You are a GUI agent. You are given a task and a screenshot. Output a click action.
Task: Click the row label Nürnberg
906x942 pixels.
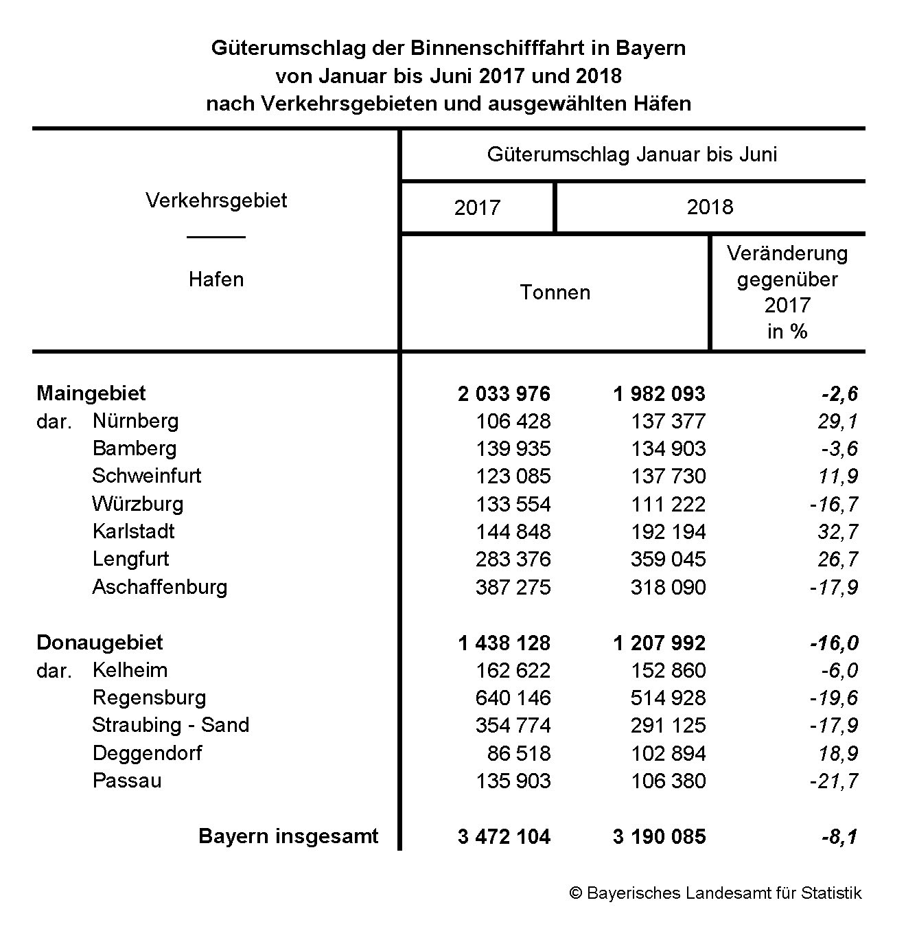[x=135, y=421]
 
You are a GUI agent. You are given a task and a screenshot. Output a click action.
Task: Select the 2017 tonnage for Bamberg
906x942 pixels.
[x=513, y=448]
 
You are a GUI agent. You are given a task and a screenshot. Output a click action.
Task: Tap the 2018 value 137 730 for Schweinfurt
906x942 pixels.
[x=668, y=476]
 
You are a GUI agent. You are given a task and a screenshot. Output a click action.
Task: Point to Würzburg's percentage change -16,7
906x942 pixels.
[x=833, y=504]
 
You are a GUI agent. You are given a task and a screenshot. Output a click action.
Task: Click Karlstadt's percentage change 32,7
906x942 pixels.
[x=837, y=531]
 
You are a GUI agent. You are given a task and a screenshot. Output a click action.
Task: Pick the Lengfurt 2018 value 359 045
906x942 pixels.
[x=668, y=559]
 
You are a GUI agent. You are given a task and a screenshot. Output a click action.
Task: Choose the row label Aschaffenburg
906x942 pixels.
[x=159, y=587]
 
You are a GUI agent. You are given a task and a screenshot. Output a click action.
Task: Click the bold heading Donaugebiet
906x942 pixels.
[x=100, y=643]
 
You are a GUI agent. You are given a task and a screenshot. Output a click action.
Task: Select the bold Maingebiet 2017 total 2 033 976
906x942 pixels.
[x=504, y=393]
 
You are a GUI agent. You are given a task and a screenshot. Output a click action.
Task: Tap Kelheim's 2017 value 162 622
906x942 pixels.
[x=513, y=670]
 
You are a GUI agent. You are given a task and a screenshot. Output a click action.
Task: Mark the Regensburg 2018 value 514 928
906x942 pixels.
[x=668, y=698]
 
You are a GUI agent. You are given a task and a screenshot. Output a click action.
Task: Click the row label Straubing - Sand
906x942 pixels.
[x=170, y=725]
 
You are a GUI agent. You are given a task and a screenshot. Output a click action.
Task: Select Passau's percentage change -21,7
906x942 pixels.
[x=833, y=781]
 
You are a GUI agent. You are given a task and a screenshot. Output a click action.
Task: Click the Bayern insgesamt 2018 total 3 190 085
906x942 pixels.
[x=659, y=836]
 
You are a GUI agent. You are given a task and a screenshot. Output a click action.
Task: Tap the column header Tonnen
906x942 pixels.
[x=555, y=292]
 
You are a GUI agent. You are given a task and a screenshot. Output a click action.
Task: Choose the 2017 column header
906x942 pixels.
[x=477, y=207]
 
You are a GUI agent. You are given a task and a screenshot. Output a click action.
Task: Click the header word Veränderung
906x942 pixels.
[x=787, y=253]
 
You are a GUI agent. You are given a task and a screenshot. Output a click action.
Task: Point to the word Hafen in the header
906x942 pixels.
[x=216, y=279]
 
